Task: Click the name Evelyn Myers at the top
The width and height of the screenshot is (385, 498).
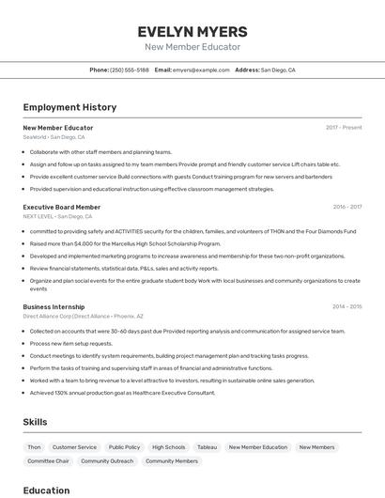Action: [x=192, y=31]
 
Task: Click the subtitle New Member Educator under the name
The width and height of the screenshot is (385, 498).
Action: [x=192, y=47]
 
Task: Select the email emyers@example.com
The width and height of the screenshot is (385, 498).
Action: [x=201, y=70]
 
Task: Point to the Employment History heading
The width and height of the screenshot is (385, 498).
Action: [x=69, y=107]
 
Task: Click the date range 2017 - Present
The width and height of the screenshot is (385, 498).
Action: [x=344, y=128]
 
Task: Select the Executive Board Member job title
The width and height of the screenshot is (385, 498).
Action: [x=61, y=207]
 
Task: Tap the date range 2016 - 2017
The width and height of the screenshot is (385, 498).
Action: [x=346, y=207]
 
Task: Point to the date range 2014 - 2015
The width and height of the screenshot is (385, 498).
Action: [x=346, y=306]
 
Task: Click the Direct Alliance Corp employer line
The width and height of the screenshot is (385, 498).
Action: [x=83, y=317]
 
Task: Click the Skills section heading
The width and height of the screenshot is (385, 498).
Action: [x=35, y=422]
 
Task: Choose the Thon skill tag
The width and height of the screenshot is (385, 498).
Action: [x=35, y=447]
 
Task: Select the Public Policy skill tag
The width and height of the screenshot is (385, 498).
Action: [x=124, y=447]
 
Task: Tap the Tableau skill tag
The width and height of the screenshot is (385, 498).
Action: [x=207, y=447]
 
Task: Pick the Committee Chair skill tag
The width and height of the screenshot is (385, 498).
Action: [x=48, y=461]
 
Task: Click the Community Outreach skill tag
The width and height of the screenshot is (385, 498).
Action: [x=107, y=461]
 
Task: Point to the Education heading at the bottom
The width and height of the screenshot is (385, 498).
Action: [x=46, y=490]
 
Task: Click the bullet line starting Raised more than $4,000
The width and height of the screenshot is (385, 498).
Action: [x=125, y=243]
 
